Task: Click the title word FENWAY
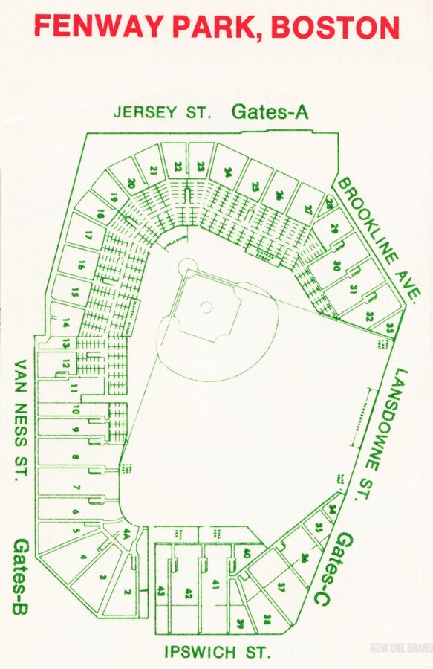click(x=101, y=27)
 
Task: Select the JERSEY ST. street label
click(x=163, y=112)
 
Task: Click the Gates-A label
click(x=270, y=111)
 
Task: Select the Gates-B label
click(x=20, y=577)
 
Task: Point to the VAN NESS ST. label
click(x=21, y=420)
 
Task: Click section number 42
click(x=189, y=593)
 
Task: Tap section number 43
click(x=161, y=592)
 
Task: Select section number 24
click(x=228, y=172)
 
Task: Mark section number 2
click(x=127, y=592)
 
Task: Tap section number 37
click(x=281, y=587)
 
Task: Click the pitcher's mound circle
click(x=207, y=306)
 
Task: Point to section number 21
click(x=153, y=170)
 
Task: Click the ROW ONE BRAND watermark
click(x=401, y=647)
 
